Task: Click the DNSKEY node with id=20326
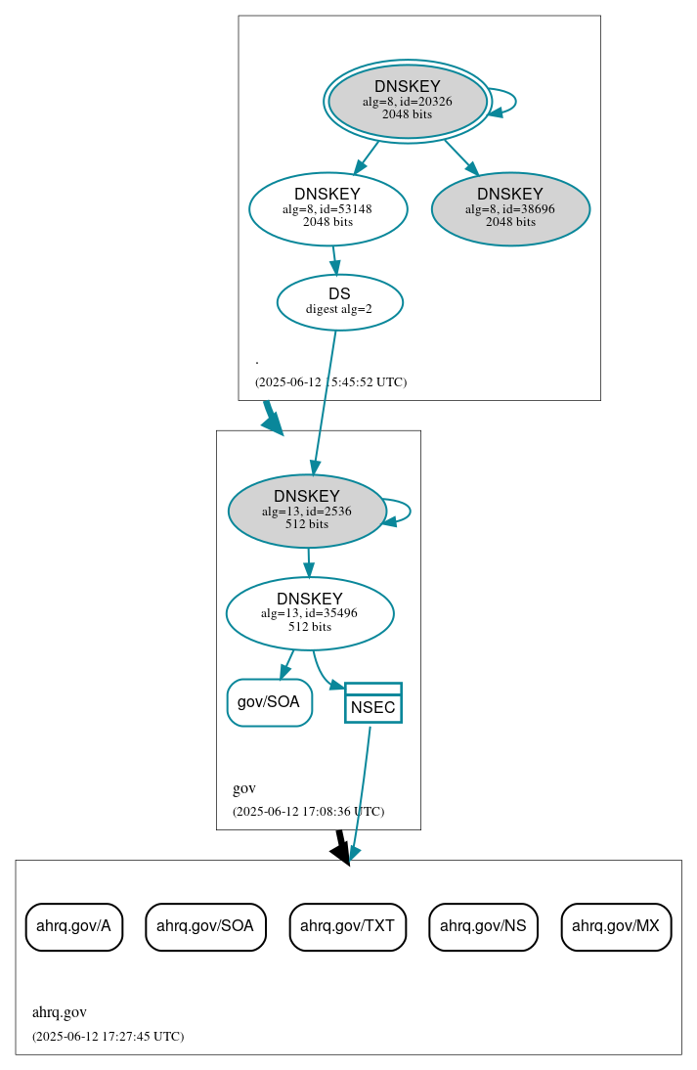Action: tap(407, 101)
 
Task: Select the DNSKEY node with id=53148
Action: tap(327, 208)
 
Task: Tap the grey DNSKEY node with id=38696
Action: tap(510, 208)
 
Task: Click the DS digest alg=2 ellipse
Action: tap(339, 301)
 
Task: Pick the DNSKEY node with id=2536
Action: tap(307, 511)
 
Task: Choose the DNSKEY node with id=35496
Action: tap(309, 613)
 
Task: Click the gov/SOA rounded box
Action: tap(269, 702)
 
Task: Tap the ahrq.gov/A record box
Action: tap(73, 926)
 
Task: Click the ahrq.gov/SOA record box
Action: tap(205, 926)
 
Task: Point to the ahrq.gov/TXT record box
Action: tap(347, 926)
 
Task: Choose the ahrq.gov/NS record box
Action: tap(483, 926)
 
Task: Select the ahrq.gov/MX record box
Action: tap(616, 926)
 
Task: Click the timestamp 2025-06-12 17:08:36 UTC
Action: tap(308, 812)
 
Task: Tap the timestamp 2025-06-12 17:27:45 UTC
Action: tap(108, 1036)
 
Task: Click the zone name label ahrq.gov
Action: tap(60, 1012)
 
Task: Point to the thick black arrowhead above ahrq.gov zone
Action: tap(341, 853)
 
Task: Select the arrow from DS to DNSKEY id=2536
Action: tap(325, 401)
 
